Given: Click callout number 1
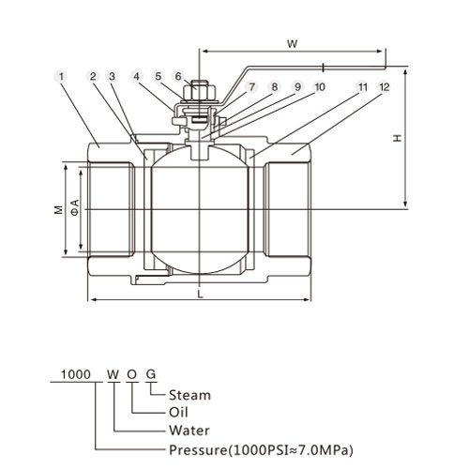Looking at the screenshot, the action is (x=61, y=76).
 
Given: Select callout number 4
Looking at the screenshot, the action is (x=136, y=76).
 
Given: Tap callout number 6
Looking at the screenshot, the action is (x=178, y=76).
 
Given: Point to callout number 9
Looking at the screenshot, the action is (x=297, y=87).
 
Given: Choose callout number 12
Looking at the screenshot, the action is (x=385, y=87).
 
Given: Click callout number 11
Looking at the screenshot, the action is (x=363, y=87).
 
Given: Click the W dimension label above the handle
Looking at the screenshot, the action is (x=293, y=44).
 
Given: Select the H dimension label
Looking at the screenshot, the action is (x=398, y=138).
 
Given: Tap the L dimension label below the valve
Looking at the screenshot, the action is (x=201, y=294).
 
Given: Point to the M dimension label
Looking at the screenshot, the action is (x=59, y=210).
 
